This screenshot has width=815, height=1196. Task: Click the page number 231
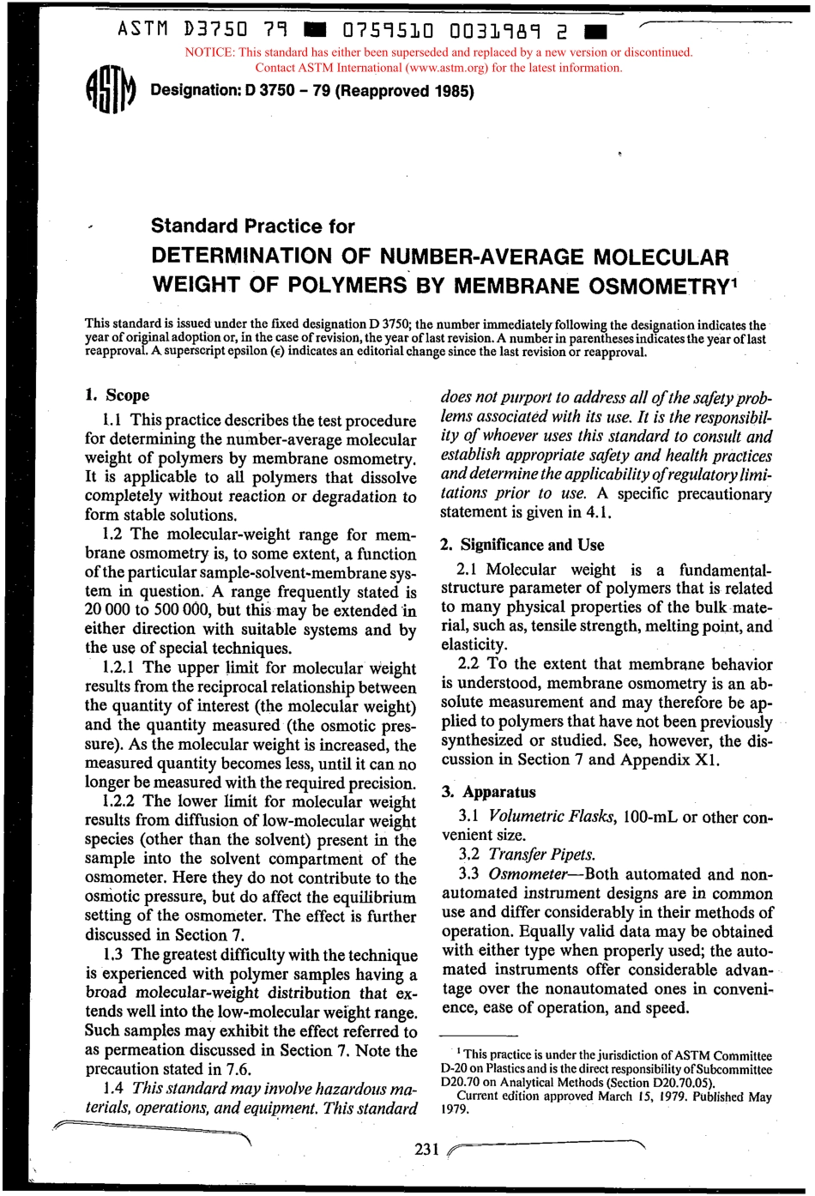click(x=426, y=1150)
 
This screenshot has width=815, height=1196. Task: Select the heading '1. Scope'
click(x=118, y=396)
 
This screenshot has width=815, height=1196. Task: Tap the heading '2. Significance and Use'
click(x=522, y=545)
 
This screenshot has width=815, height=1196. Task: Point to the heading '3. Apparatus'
click(x=488, y=792)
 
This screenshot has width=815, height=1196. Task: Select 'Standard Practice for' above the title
click(x=252, y=227)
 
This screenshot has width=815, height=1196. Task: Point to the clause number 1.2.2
click(x=118, y=802)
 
